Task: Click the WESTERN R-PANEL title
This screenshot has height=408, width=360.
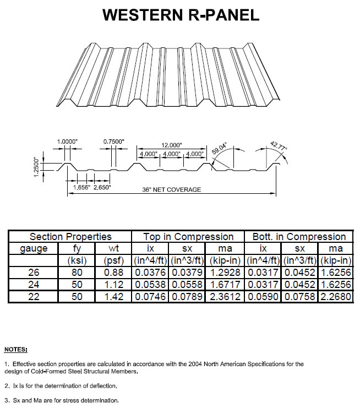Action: click(x=181, y=15)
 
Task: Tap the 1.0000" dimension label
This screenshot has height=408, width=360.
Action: click(x=67, y=142)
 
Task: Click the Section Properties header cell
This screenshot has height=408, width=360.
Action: click(x=70, y=237)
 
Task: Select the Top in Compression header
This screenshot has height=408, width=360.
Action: click(x=188, y=237)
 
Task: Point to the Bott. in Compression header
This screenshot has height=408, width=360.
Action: click(x=299, y=237)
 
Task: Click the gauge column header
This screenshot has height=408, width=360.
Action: click(x=34, y=248)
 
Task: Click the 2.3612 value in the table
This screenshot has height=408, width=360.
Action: click(x=225, y=296)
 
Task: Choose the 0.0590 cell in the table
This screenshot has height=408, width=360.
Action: click(x=262, y=296)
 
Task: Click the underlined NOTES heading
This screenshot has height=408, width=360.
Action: click(x=15, y=349)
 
